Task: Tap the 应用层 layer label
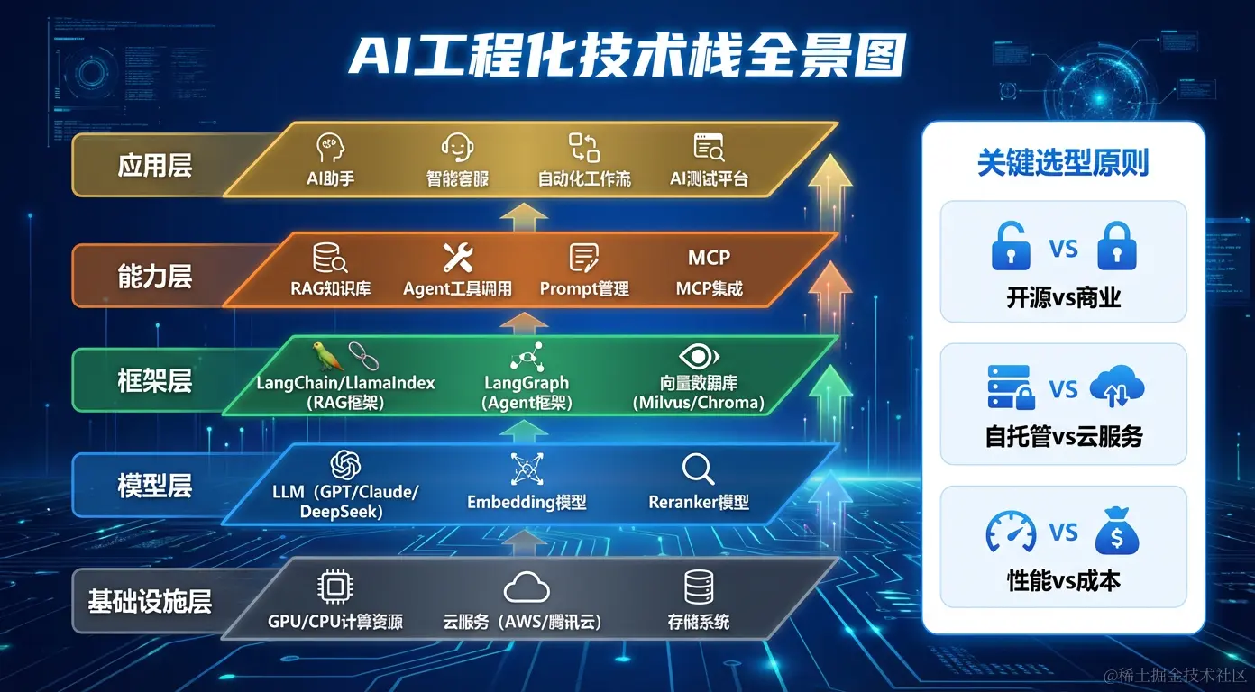click(154, 166)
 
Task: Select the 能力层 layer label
click(154, 276)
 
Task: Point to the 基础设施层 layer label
click(150, 601)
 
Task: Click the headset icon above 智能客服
click(457, 147)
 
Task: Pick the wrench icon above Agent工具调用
click(457, 258)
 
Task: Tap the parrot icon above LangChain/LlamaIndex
click(322, 356)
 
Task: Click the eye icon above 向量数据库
click(698, 355)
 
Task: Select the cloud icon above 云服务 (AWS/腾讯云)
click(527, 588)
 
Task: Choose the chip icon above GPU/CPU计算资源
click(334, 587)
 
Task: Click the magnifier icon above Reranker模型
click(698, 469)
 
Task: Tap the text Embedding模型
click(527, 502)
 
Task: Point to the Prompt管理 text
click(584, 289)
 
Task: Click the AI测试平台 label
click(709, 178)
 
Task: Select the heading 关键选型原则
click(1063, 163)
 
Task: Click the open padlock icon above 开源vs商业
click(1010, 247)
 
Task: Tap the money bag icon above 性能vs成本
click(1116, 533)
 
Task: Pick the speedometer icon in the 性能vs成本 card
click(1010, 533)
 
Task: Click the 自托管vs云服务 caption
click(1063, 437)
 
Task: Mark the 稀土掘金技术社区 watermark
click(1171, 675)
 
